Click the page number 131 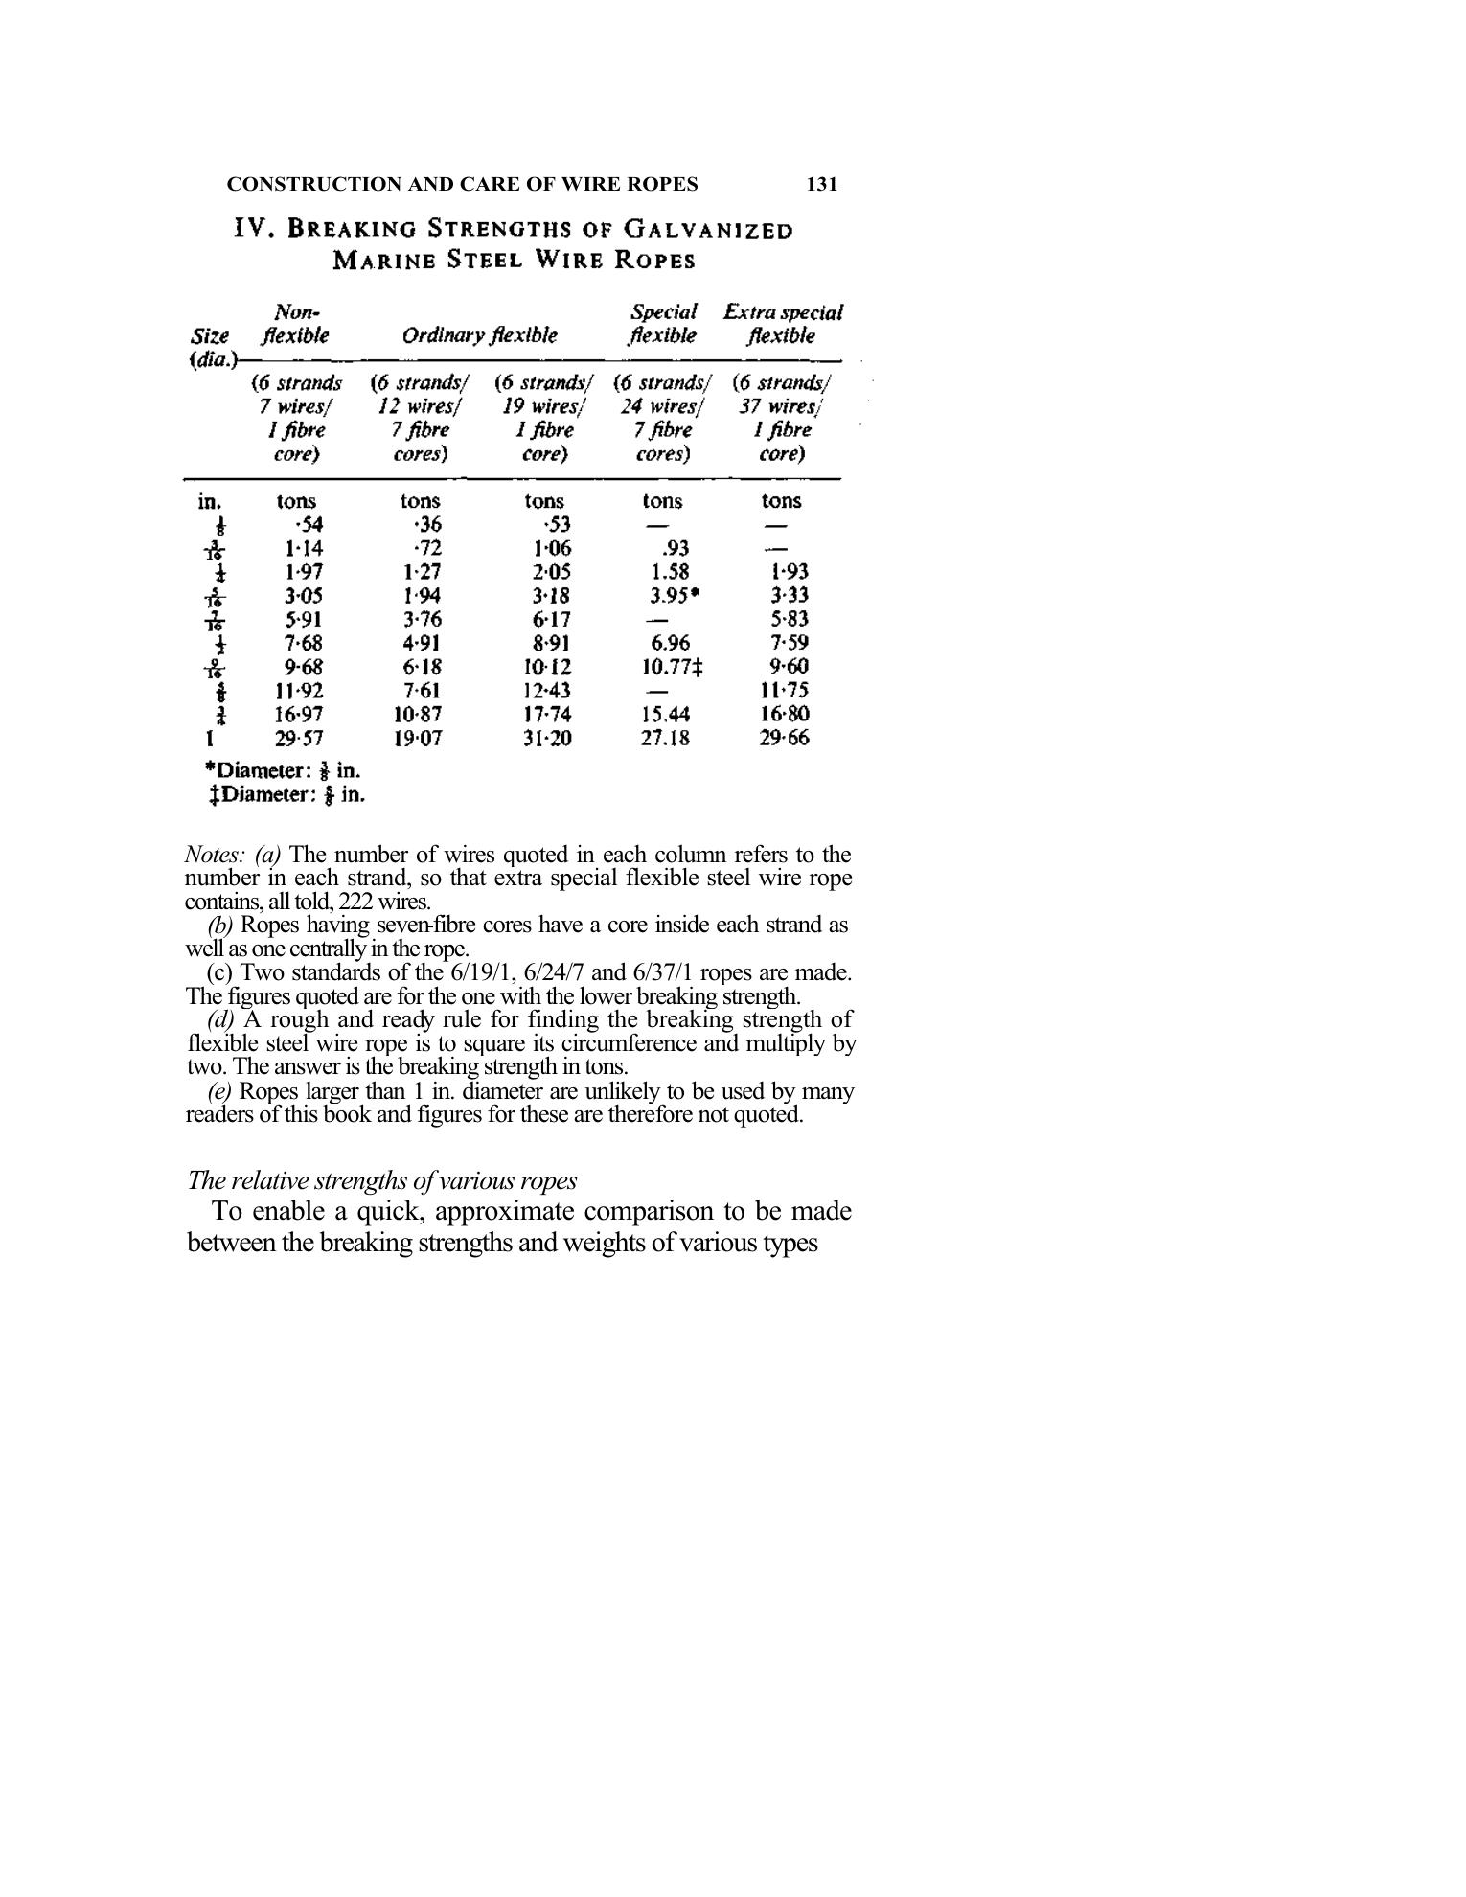click(x=822, y=184)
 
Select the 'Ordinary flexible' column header click(x=479, y=335)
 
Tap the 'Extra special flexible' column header click(x=782, y=324)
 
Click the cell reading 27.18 click(x=664, y=738)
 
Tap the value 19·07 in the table click(x=418, y=738)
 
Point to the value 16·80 click(x=784, y=714)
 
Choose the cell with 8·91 click(x=551, y=643)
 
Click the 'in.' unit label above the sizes click(x=210, y=500)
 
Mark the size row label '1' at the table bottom click(x=210, y=738)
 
